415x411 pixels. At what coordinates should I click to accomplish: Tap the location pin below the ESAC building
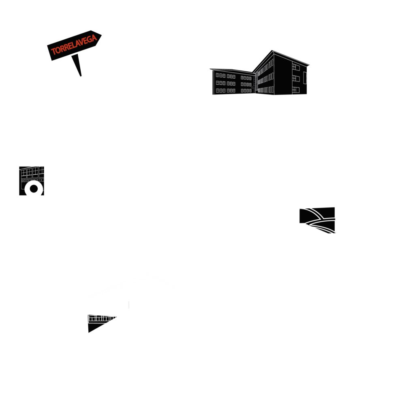coord(33,192)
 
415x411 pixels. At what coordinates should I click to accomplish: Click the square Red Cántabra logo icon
coord(317,224)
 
